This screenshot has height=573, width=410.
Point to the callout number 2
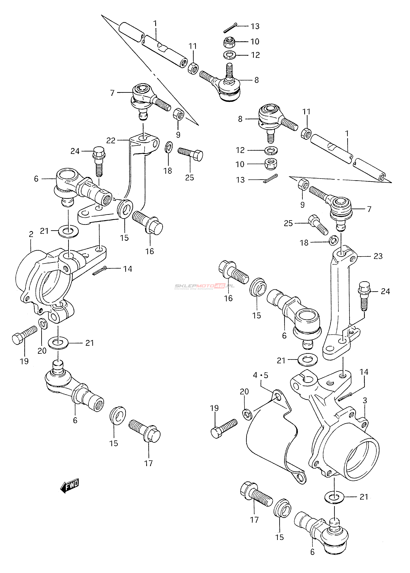(x=31, y=234)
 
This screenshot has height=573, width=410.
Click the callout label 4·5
(x=261, y=375)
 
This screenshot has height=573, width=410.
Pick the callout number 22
(x=111, y=140)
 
